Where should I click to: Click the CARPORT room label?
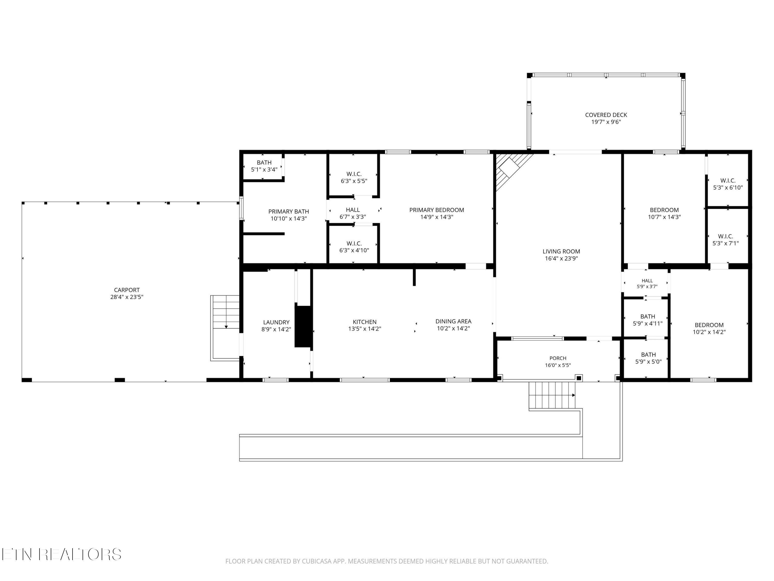(127, 290)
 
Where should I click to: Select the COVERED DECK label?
(606, 115)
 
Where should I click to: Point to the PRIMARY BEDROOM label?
(437, 210)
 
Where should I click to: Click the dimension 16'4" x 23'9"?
(561, 258)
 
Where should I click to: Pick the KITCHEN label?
(365, 322)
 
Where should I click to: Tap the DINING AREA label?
(454, 321)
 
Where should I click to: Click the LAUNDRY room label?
(276, 322)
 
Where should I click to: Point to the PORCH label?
(558, 358)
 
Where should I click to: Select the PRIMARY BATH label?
(289, 211)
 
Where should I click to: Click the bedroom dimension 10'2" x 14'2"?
(709, 332)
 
